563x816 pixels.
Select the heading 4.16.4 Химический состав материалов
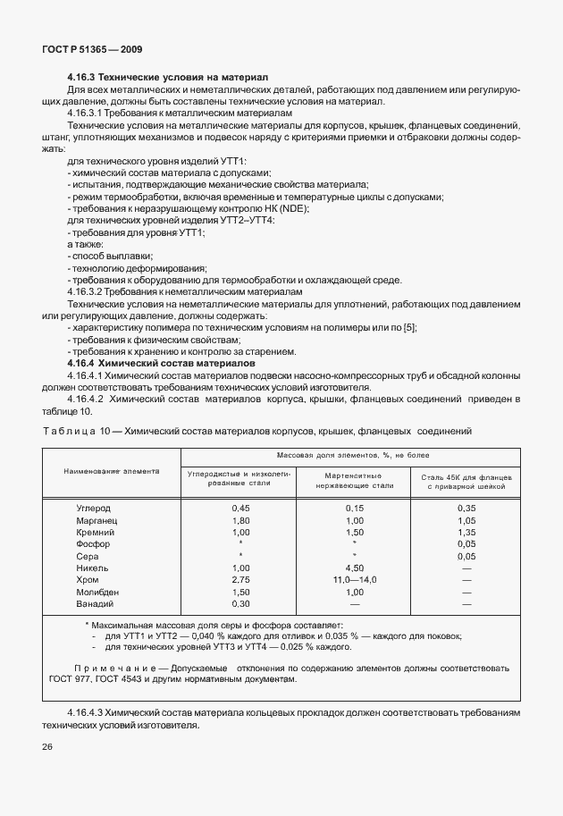[x=162, y=363]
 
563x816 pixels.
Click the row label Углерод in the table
[x=95, y=508]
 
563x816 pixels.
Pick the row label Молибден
[x=98, y=592]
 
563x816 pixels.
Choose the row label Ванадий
[x=97, y=603]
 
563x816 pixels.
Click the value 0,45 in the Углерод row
[x=239, y=508]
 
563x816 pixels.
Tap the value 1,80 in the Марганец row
[x=239, y=520]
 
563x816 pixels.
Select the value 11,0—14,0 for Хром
[x=354, y=579]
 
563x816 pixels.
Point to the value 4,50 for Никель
[x=354, y=568]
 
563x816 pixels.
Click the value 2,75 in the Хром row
[x=239, y=579]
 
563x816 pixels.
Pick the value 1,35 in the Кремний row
[x=466, y=532]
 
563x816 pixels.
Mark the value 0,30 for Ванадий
[x=239, y=603]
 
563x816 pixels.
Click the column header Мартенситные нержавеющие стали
[x=354, y=480]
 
